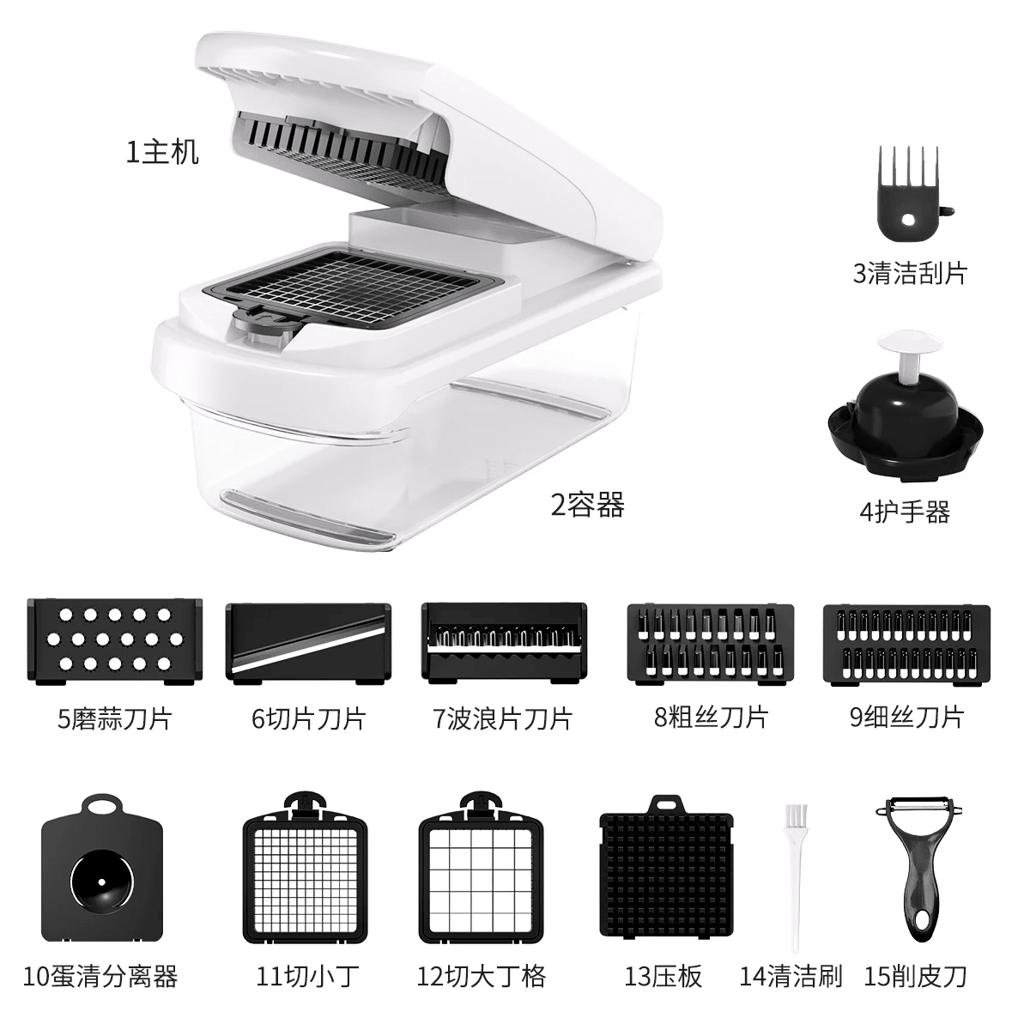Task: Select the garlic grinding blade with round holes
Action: pyautogui.click(x=115, y=640)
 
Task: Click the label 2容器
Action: pyautogui.click(x=587, y=504)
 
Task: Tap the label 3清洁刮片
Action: pyautogui.click(x=909, y=272)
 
